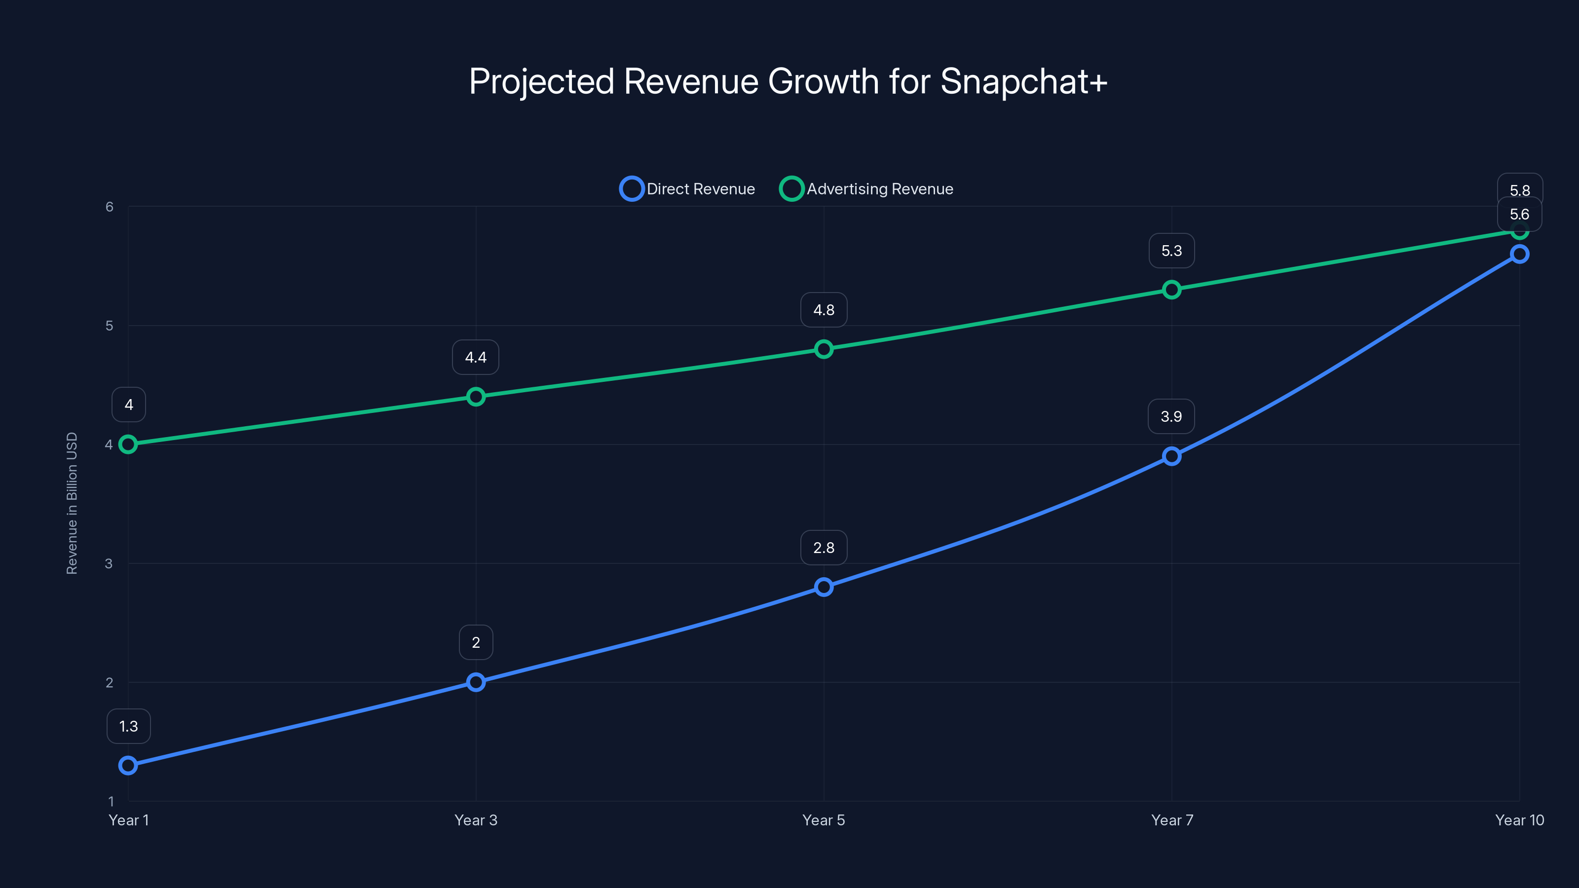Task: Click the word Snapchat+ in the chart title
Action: point(1024,81)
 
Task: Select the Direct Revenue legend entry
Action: point(687,189)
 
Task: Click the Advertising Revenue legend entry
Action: point(866,189)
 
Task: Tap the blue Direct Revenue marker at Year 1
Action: point(128,766)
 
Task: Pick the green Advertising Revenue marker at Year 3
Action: point(476,397)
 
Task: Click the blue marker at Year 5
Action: point(824,587)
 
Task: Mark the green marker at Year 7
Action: point(1171,289)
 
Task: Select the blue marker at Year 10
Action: point(1520,254)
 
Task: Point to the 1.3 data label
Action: point(128,726)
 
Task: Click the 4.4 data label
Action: point(476,357)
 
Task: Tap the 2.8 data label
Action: point(824,548)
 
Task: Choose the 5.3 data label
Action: point(1171,251)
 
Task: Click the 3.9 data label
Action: point(1171,417)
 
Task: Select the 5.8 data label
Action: point(1520,189)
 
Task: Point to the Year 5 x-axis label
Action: point(824,820)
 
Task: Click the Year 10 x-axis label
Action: point(1520,820)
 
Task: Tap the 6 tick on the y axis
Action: point(109,207)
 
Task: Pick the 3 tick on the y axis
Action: point(109,563)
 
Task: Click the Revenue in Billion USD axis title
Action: point(72,503)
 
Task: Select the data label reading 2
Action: point(476,642)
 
